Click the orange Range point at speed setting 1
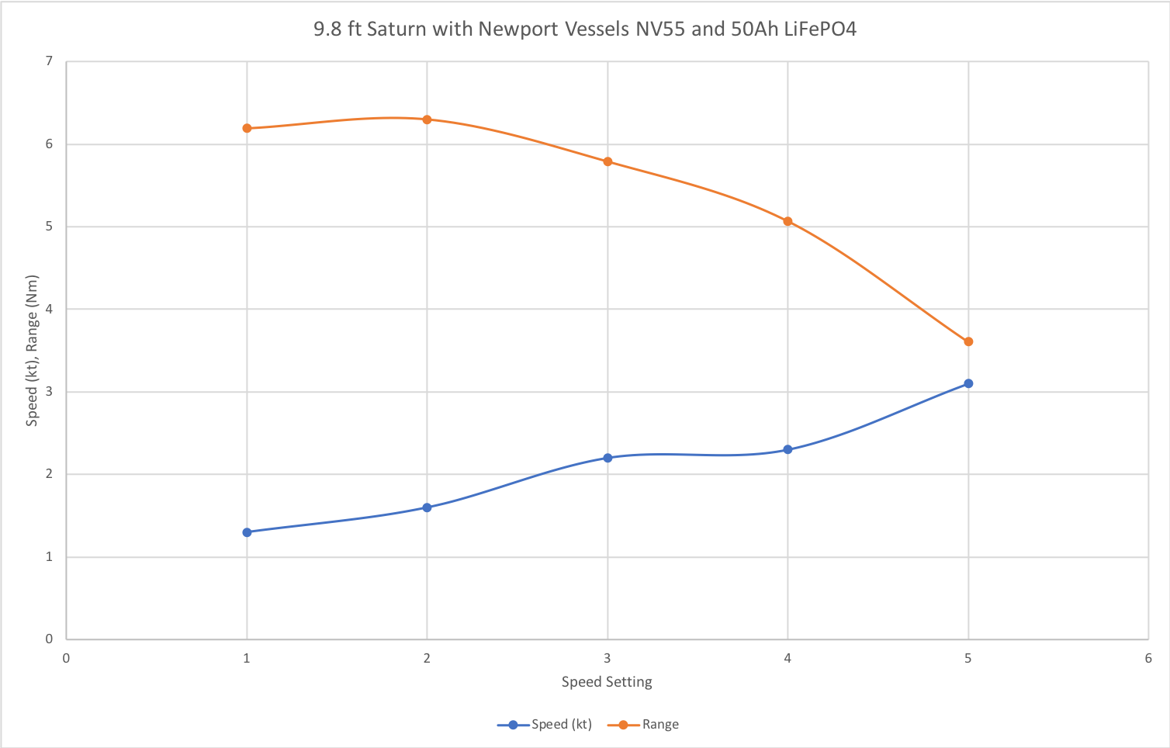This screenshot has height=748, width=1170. [x=247, y=128]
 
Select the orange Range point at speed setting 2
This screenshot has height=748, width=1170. [x=427, y=119]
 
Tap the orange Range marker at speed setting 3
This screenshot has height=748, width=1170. [x=607, y=161]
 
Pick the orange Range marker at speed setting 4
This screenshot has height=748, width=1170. [x=787, y=221]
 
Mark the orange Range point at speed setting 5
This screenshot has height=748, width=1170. [x=968, y=341]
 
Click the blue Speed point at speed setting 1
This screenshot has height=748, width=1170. [x=247, y=532]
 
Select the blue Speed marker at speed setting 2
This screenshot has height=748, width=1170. [x=427, y=507]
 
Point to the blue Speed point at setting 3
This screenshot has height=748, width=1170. [x=607, y=458]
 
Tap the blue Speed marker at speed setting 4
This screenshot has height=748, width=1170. [x=787, y=449]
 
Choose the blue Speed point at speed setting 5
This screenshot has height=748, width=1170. [x=968, y=383]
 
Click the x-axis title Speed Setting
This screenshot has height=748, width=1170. [x=607, y=682]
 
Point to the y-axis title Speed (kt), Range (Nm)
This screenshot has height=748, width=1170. [x=32, y=351]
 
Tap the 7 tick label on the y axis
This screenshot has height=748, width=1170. [x=49, y=61]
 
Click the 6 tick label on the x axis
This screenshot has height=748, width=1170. [x=1148, y=659]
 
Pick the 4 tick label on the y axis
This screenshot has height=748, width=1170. [x=49, y=309]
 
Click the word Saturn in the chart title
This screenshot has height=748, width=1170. [x=396, y=29]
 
